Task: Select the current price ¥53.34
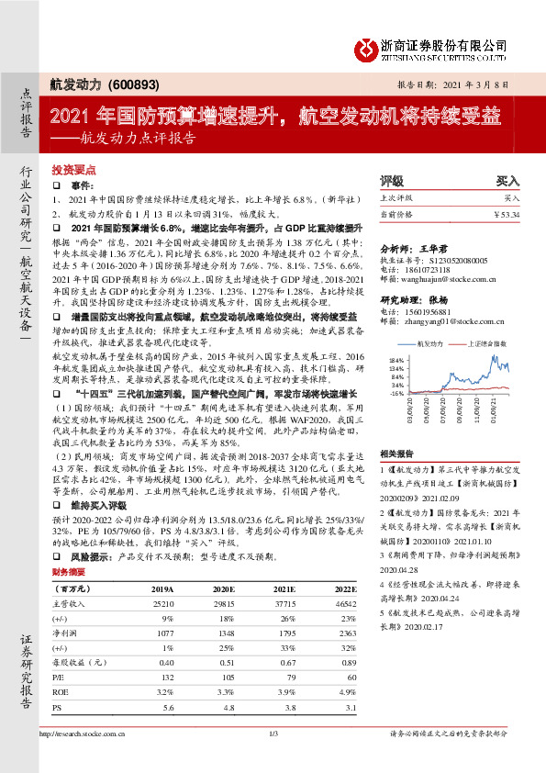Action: click(x=506, y=214)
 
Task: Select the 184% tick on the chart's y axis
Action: click(x=396, y=359)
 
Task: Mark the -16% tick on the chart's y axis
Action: click(x=396, y=392)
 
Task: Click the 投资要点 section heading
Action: click(x=74, y=171)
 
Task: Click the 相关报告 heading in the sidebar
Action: click(x=395, y=452)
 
